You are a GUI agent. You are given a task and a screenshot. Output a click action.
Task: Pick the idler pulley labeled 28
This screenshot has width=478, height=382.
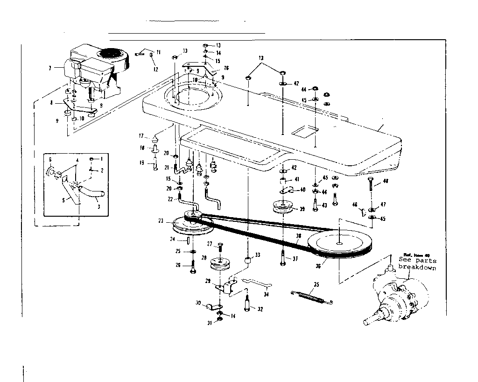click(222, 264)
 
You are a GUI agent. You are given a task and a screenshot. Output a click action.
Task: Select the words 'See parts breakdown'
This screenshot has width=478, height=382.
click(417, 264)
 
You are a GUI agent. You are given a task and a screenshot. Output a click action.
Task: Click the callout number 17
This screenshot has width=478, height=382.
click(141, 136)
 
